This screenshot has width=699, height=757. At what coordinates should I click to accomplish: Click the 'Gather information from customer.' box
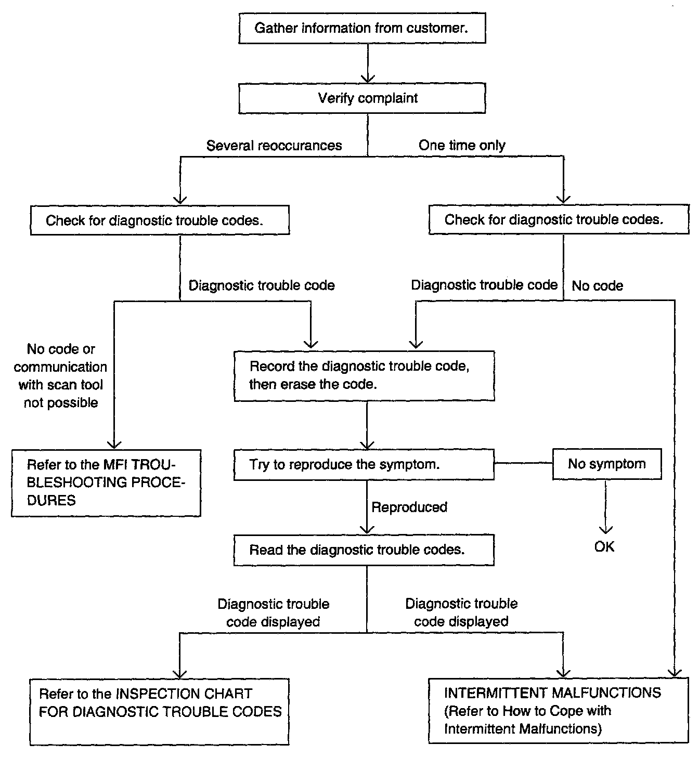pos(362,28)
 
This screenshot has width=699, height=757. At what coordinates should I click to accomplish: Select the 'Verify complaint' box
pos(362,98)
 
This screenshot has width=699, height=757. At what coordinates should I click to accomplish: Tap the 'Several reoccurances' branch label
pos(274,146)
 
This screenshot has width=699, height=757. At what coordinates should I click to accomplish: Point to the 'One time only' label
pos(462,145)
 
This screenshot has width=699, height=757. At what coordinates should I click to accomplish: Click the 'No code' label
pos(597,285)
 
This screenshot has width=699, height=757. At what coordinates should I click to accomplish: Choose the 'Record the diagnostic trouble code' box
pos(364,376)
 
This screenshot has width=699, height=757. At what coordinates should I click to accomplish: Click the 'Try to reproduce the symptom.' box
pos(364,465)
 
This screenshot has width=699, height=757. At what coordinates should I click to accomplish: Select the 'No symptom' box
pos(607,464)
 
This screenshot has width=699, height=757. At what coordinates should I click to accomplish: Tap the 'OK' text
pos(604,547)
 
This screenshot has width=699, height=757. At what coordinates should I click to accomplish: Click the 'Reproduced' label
pos(409,507)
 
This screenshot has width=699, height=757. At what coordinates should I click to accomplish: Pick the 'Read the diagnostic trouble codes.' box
pos(364,550)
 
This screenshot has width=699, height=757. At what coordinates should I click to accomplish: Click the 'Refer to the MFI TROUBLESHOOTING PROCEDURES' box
pos(106,484)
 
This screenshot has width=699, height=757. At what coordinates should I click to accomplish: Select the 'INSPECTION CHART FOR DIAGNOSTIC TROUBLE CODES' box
pos(159,712)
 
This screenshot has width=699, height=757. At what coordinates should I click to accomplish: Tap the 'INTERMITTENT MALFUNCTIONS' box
pos(559,711)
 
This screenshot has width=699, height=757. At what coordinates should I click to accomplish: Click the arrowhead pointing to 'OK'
pos(605,530)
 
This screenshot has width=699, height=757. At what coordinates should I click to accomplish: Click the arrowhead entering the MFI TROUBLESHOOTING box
pos(114,445)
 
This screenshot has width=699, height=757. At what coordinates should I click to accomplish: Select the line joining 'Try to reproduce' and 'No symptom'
pos(524,463)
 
